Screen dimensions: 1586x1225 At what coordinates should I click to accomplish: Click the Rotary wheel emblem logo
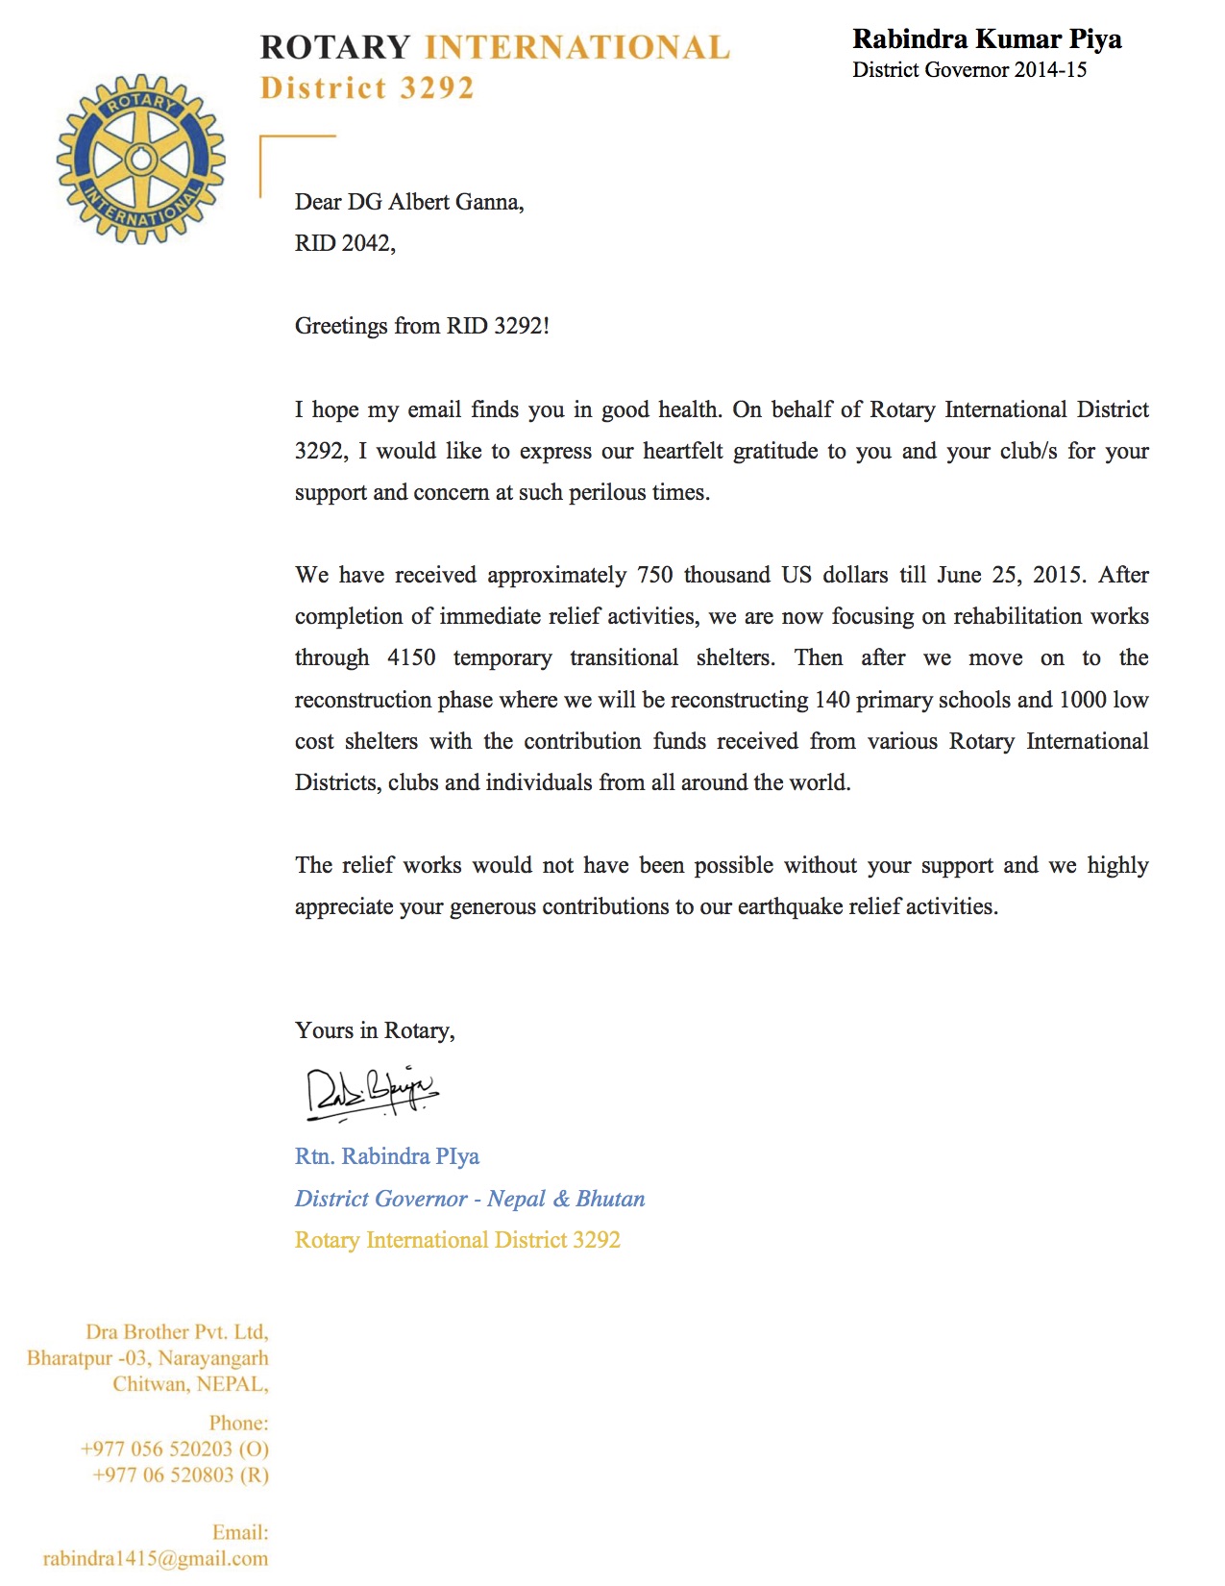(141, 160)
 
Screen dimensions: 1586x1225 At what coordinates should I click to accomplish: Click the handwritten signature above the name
(370, 1093)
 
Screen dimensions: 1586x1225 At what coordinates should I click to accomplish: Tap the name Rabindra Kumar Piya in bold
(987, 39)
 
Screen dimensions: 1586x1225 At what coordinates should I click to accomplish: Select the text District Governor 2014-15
(969, 70)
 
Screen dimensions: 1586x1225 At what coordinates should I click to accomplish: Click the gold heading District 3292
(368, 88)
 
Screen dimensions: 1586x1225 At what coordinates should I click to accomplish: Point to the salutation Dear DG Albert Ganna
(409, 202)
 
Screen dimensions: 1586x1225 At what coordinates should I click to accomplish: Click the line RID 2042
(345, 243)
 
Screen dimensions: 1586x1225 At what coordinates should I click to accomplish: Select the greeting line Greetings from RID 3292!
(422, 326)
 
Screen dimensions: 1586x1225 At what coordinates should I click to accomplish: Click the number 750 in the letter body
(655, 575)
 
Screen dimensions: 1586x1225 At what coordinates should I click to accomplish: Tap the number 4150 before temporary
(411, 657)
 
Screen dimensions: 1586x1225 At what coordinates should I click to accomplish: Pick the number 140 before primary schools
(832, 700)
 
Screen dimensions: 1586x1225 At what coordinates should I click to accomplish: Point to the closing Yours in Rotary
(375, 1030)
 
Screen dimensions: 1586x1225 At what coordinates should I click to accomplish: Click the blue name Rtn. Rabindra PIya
(387, 1156)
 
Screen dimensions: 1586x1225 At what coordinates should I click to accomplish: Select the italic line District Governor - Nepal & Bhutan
(470, 1199)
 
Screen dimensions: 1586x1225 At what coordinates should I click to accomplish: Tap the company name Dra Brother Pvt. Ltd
(177, 1332)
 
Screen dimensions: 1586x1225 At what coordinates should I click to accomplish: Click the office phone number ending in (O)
(175, 1449)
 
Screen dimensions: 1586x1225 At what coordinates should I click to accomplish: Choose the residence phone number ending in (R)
(181, 1474)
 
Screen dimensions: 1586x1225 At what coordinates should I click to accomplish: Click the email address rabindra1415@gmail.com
(156, 1558)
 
